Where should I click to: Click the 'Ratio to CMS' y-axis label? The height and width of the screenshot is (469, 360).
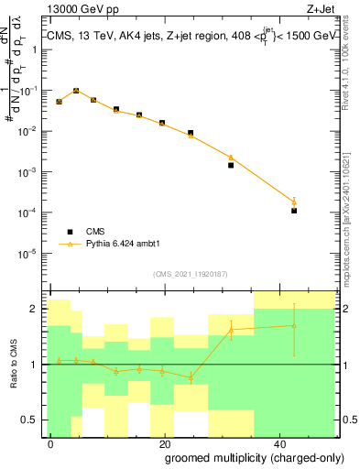pos(14,365)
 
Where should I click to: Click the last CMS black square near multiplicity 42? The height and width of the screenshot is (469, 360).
pos(294,211)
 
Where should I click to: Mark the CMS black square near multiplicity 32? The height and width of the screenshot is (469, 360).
pos(231,165)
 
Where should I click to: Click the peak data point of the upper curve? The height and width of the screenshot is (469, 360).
pos(76,91)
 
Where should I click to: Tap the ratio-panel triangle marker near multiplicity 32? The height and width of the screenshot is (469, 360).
pos(231,329)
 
